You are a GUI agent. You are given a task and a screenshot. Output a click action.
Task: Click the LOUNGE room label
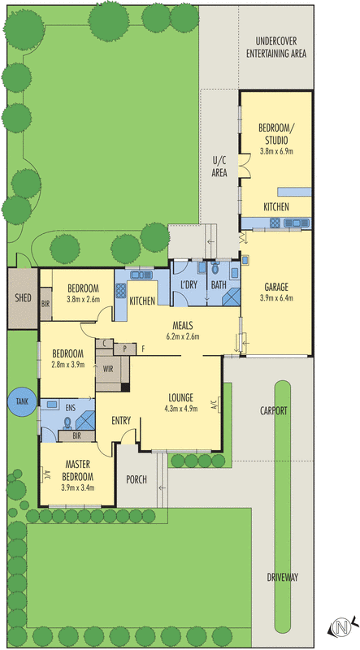pos(180,397)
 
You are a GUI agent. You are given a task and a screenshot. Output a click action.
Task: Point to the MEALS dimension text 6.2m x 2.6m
pos(182,336)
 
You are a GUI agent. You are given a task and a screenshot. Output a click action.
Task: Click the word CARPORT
pos(275,411)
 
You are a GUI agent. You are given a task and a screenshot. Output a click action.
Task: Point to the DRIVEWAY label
pos(283,578)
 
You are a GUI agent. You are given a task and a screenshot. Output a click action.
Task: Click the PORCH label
pos(137,479)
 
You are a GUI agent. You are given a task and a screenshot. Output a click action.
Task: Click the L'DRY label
pos(190,284)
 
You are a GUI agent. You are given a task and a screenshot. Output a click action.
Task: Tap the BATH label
pos(219,284)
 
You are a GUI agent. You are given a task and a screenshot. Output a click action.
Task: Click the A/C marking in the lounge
pos(213,404)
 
